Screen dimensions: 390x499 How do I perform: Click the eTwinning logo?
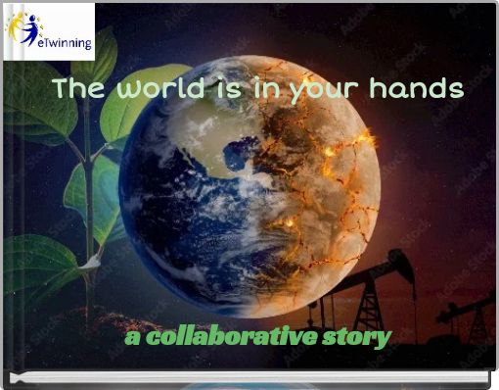[x=49, y=31]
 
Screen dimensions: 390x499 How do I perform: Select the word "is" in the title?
[x=220, y=89]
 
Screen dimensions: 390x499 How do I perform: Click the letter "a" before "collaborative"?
[x=132, y=338]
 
